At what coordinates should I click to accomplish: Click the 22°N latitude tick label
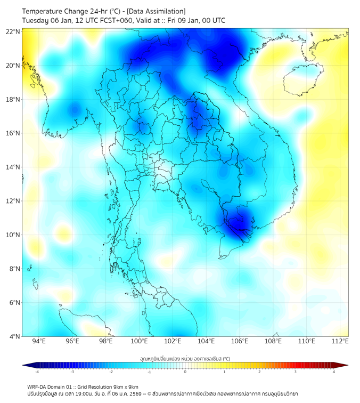[x=13, y=32]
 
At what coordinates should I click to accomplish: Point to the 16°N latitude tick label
[x=13, y=133]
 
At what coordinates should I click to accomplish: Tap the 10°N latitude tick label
[x=13, y=235]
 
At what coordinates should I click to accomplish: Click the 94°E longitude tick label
[x=39, y=341]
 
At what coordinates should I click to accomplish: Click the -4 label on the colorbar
[x=37, y=372]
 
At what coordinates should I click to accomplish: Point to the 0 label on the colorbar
[x=185, y=372]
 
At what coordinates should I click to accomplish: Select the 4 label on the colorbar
[x=334, y=372]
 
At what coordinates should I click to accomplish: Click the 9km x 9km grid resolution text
[x=124, y=386]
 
